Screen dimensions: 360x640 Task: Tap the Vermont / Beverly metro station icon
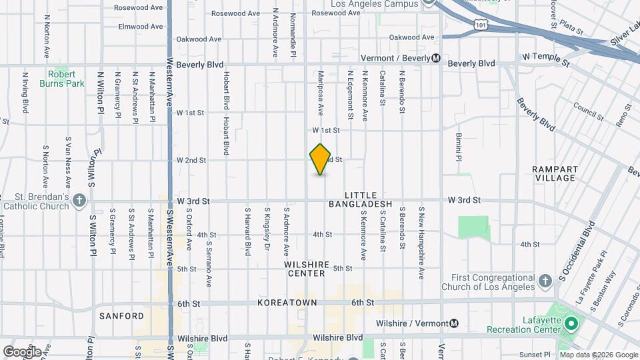(x=435, y=58)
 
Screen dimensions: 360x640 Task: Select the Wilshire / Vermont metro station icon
(x=454, y=323)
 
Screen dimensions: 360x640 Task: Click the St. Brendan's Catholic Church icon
(x=79, y=199)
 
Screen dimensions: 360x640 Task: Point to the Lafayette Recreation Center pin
(x=571, y=325)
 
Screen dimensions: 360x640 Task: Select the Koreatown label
(x=287, y=303)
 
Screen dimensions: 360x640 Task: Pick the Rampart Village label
(x=555, y=174)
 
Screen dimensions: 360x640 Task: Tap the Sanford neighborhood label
(x=122, y=315)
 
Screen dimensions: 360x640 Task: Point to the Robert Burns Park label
(x=66, y=79)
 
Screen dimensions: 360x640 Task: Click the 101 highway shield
(x=481, y=25)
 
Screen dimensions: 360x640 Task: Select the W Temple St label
(x=546, y=60)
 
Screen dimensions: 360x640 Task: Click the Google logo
(x=21, y=351)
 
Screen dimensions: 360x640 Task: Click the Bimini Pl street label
(x=459, y=147)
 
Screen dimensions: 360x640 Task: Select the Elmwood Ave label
(x=140, y=27)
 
